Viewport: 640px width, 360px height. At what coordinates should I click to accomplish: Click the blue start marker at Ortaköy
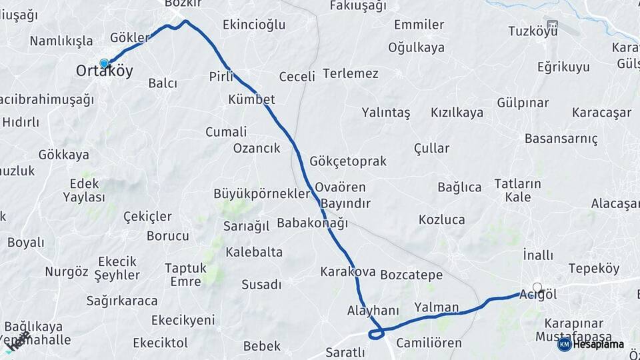coord(104,63)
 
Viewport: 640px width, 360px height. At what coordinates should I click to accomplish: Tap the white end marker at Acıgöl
coord(537,287)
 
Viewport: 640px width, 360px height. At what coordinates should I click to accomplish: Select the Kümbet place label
coord(251,99)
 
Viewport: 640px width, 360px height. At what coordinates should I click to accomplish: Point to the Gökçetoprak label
coord(347,161)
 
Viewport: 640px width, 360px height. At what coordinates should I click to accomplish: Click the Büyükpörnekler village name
coord(261,194)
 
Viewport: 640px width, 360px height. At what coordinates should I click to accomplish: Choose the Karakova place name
coord(347,272)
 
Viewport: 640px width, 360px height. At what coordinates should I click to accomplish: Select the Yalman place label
coord(437,307)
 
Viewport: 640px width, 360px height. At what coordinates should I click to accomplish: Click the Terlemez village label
coord(350,73)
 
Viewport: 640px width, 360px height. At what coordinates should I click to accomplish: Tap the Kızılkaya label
coord(457,112)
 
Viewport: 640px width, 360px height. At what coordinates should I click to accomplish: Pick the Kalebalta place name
coord(253,252)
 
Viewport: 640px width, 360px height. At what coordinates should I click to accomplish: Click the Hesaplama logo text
coord(599,345)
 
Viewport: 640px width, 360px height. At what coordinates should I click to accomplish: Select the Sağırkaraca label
coord(122,301)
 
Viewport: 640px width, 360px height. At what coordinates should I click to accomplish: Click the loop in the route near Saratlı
coord(376,331)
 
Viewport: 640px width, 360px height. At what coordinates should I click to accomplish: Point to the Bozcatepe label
coord(411,275)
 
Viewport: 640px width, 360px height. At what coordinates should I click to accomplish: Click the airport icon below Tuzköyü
coord(552,27)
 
